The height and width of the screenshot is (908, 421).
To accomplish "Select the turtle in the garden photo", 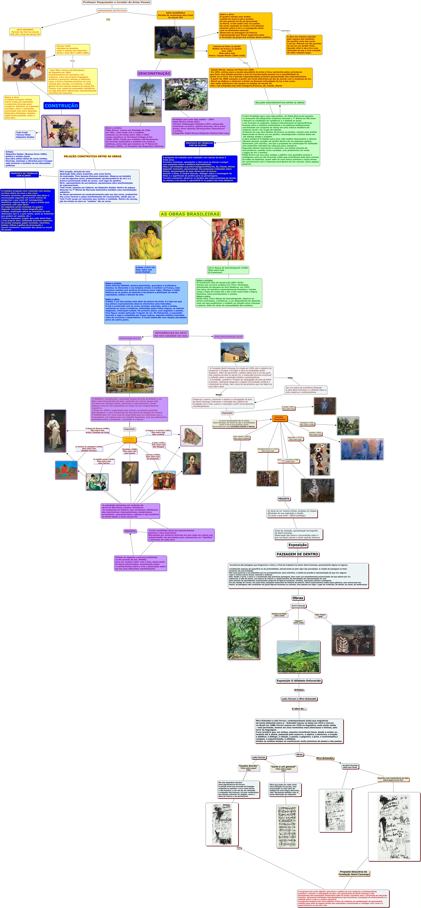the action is pos(186,94).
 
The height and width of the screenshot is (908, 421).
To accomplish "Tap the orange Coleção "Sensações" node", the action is pos(280,418).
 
